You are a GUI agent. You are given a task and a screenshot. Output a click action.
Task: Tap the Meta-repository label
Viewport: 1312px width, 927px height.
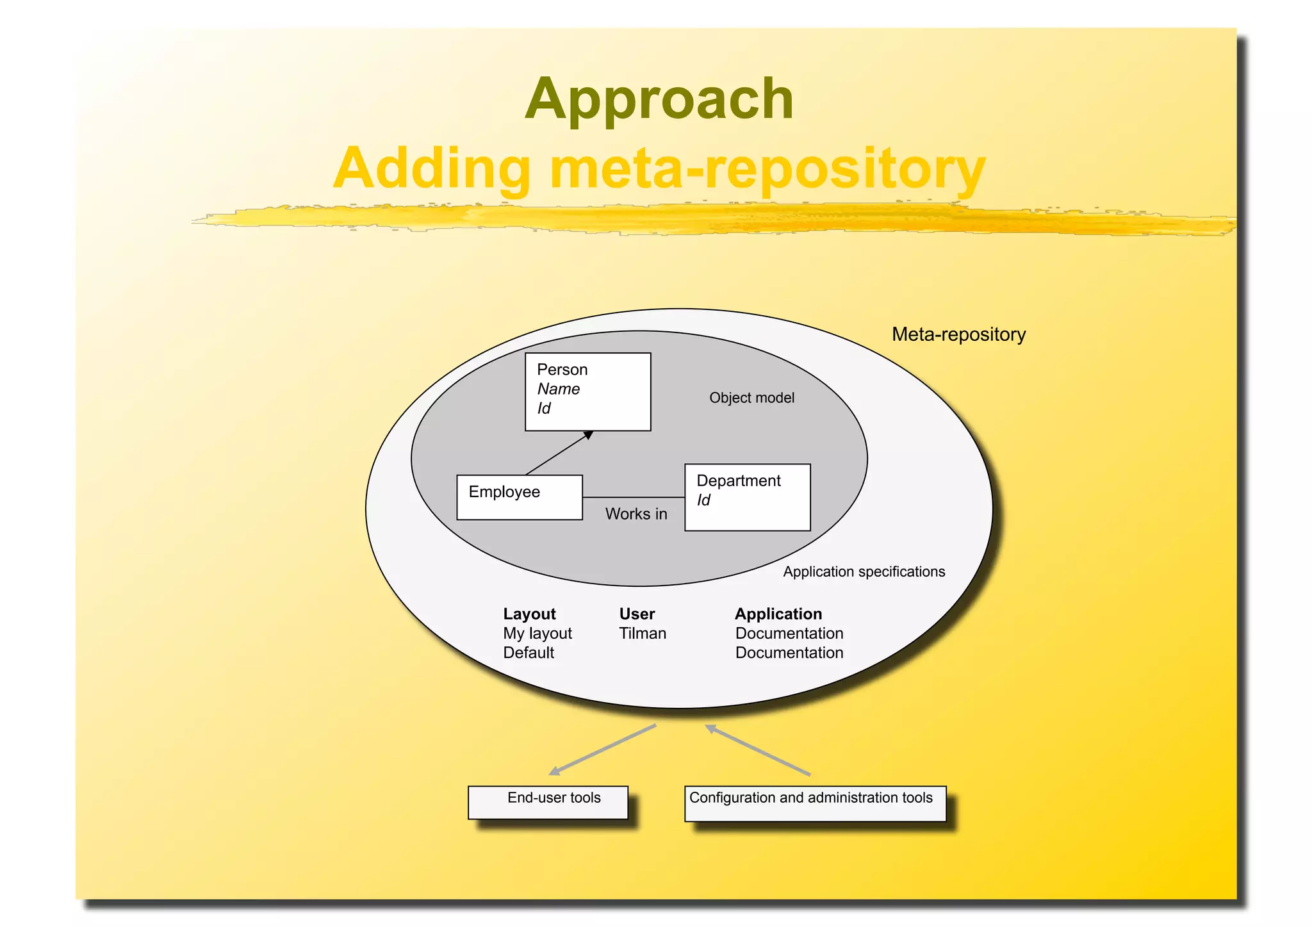(958, 334)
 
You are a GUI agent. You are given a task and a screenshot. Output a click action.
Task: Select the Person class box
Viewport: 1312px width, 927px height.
(587, 391)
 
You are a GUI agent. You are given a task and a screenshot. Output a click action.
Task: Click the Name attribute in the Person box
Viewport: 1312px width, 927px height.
(558, 389)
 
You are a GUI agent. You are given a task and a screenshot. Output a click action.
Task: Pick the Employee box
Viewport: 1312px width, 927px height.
(519, 497)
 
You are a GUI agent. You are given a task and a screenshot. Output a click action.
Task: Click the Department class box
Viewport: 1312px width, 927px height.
(747, 497)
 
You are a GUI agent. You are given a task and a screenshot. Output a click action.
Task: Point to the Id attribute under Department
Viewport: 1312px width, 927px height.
(703, 500)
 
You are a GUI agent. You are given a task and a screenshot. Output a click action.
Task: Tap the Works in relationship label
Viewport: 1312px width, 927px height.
(636, 514)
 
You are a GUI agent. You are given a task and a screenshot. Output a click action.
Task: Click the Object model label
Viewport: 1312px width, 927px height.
(751, 398)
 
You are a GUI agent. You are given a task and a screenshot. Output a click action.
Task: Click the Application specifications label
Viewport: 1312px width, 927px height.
(864, 571)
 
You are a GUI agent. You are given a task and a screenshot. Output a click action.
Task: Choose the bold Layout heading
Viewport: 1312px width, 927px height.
(529, 614)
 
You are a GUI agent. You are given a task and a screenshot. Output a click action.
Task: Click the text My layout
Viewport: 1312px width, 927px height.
(537, 634)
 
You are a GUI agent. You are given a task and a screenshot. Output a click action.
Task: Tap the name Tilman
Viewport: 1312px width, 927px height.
(643, 634)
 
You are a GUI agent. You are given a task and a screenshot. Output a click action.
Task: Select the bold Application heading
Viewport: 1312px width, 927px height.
(778, 614)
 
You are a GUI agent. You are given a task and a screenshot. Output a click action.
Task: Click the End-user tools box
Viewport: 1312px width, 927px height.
(548, 802)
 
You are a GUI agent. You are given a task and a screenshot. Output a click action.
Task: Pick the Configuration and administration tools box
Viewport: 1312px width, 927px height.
(815, 803)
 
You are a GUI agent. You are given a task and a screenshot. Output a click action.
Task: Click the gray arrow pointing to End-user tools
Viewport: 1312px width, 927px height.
(602, 750)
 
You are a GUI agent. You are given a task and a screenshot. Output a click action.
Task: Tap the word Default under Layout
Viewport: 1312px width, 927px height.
(529, 653)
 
